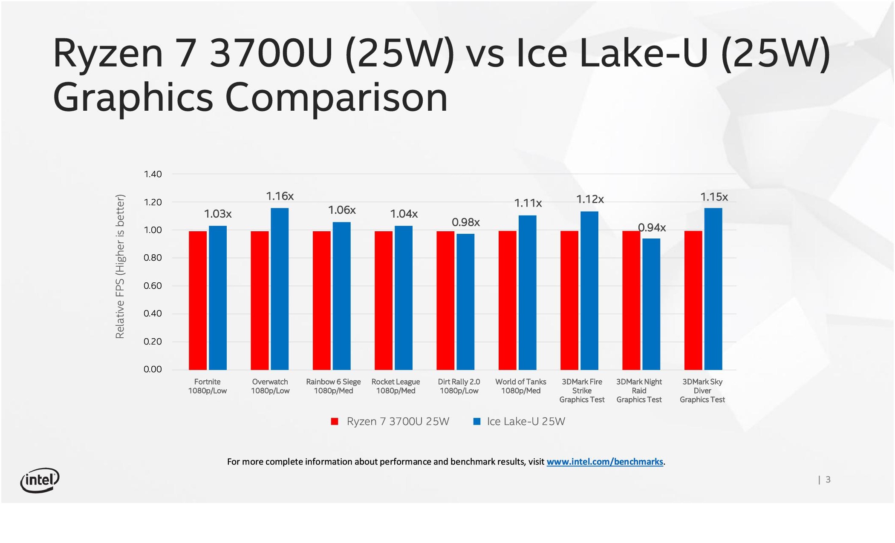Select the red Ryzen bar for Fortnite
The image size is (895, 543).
(x=198, y=300)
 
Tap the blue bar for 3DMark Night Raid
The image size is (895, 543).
(x=651, y=304)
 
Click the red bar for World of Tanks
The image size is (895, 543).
(x=507, y=300)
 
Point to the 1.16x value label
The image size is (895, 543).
(x=280, y=196)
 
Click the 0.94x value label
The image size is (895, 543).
(x=652, y=228)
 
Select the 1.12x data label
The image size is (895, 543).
(x=590, y=199)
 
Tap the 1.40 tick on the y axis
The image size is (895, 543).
(x=153, y=174)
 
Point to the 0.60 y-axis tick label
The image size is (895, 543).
(x=153, y=286)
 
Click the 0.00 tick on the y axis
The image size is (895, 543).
(x=153, y=369)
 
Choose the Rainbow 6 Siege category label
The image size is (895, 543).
(x=333, y=386)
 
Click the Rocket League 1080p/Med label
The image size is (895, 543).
(x=396, y=386)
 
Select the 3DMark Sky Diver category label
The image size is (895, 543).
(x=702, y=391)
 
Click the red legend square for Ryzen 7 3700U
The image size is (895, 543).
(x=335, y=422)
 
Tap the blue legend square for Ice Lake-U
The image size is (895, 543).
(x=477, y=422)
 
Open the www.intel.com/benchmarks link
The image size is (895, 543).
(x=605, y=462)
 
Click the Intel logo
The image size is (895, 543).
(x=40, y=480)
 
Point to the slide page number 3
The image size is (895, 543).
(x=828, y=480)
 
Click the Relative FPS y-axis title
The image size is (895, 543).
(x=120, y=267)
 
